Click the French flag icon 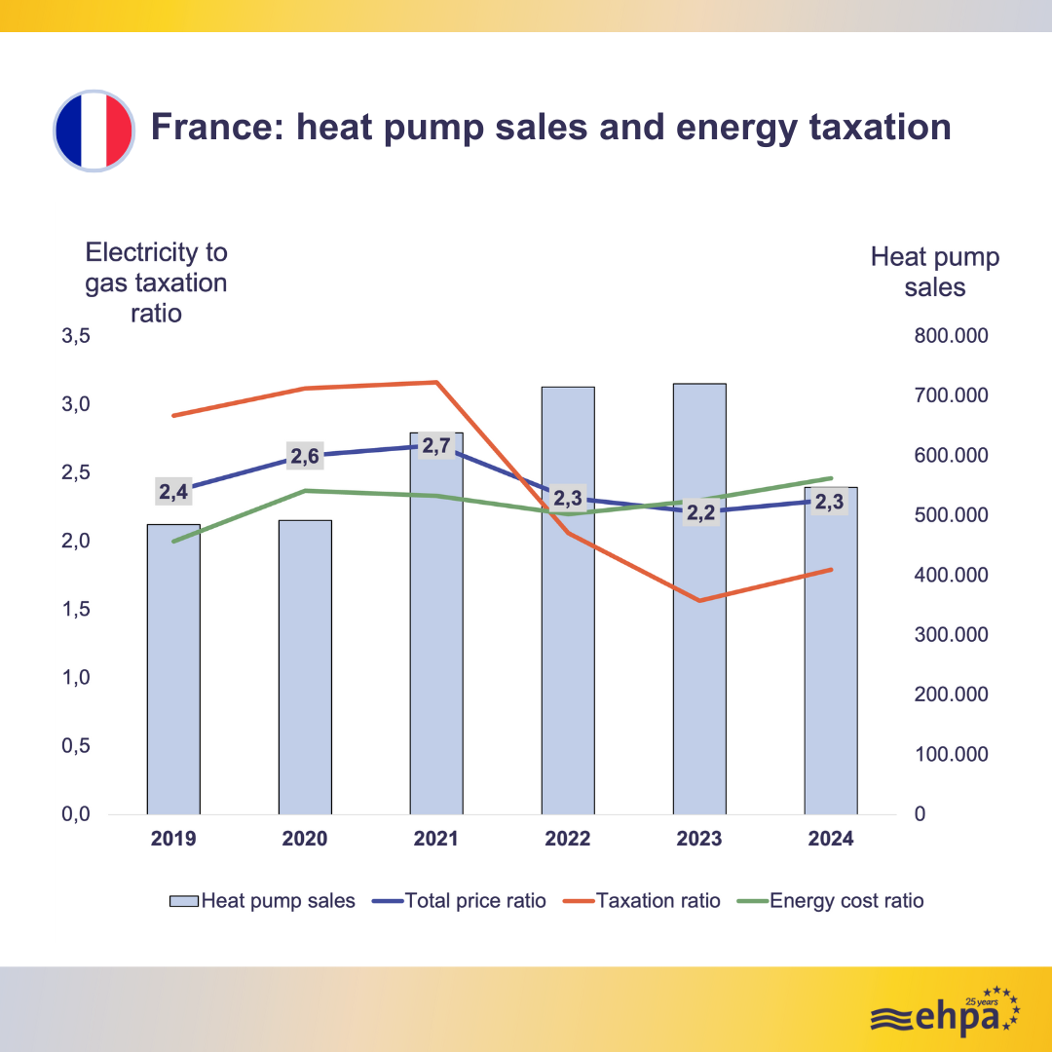pyautogui.click(x=93, y=131)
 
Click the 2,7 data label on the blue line pyautogui.click(x=436, y=447)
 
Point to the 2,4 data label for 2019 pyautogui.click(x=173, y=492)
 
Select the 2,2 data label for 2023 pyautogui.click(x=700, y=512)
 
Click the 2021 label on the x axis pyautogui.click(x=436, y=839)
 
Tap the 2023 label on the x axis pyautogui.click(x=699, y=839)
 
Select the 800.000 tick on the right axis pyautogui.click(x=951, y=336)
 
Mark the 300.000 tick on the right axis pyautogui.click(x=951, y=635)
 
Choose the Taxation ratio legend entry pyautogui.click(x=643, y=901)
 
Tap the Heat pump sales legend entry pyautogui.click(x=263, y=901)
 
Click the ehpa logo pyautogui.click(x=944, y=1014)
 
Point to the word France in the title pyautogui.click(x=208, y=128)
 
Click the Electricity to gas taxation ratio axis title pyautogui.click(x=156, y=282)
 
